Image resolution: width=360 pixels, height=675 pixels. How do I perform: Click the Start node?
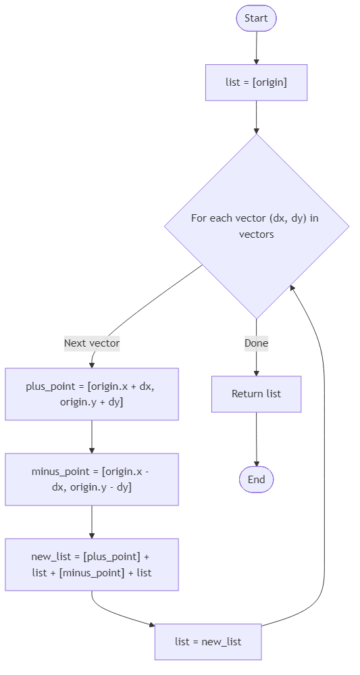[x=256, y=18]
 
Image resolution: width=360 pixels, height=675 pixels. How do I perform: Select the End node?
[x=256, y=480]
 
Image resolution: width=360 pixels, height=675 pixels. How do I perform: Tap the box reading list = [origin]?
[x=256, y=82]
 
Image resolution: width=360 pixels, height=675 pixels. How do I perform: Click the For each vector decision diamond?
[x=257, y=226]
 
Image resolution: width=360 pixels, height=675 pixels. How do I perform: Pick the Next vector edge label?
[x=92, y=343]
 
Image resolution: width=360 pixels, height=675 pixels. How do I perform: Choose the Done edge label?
[x=256, y=343]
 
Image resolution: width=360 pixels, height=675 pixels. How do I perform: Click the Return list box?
[x=256, y=394]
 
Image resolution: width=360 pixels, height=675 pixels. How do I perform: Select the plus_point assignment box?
[x=92, y=394]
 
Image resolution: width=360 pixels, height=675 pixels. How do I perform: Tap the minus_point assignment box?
[x=92, y=479]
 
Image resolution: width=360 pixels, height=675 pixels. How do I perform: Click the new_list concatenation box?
[x=92, y=564]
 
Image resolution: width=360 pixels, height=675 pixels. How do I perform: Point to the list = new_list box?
[x=208, y=641]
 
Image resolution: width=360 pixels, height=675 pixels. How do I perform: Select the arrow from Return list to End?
[x=256, y=439]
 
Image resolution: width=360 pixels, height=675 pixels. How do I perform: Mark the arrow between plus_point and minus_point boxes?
[x=92, y=436]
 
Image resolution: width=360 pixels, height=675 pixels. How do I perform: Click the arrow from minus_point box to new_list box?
[x=92, y=522]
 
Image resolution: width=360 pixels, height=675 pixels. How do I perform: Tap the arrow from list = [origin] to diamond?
[x=256, y=117]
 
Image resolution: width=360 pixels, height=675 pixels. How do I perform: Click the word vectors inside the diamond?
[x=257, y=234]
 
